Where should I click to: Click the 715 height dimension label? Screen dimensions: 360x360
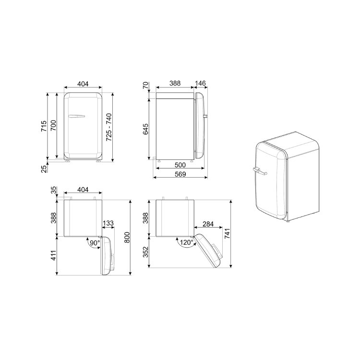pyautogui.click(x=44, y=126)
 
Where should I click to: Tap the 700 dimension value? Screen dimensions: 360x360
pyautogui.click(x=53, y=125)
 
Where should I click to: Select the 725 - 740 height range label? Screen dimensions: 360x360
pyautogui.click(x=109, y=127)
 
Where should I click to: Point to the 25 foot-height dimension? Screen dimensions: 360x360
pyautogui.click(x=44, y=169)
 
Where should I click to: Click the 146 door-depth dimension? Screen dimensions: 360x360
pyautogui.click(x=201, y=83)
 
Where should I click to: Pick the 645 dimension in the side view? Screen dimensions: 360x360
pyautogui.click(x=145, y=129)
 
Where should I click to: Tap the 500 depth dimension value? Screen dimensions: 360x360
pyautogui.click(x=180, y=165)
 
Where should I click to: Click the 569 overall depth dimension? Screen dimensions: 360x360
pyautogui.click(x=180, y=174)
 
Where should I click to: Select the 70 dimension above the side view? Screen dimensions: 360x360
pyautogui.click(x=145, y=85)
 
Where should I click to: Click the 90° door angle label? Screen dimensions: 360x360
pyautogui.click(x=95, y=243)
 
